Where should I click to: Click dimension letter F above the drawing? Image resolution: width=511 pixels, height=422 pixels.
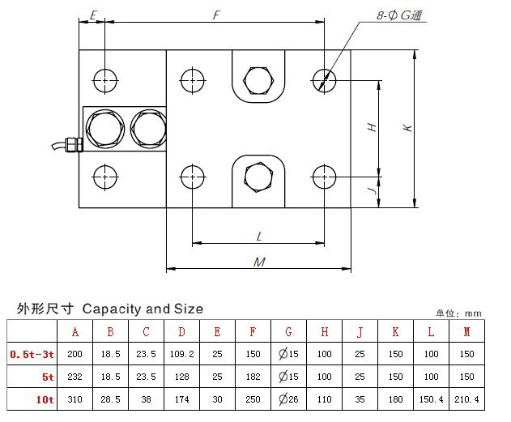[215, 15]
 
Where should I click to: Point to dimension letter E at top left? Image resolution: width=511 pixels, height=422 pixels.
[94, 15]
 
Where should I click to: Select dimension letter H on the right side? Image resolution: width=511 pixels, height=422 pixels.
[372, 127]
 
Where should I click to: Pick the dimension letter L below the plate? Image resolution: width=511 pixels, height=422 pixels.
[258, 237]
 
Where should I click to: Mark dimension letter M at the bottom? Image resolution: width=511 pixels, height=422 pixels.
[259, 261]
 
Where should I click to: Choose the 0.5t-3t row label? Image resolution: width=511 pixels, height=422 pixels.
[32, 354]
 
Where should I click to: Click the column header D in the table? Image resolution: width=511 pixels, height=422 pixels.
[182, 331]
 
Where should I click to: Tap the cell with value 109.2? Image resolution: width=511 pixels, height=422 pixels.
[182, 354]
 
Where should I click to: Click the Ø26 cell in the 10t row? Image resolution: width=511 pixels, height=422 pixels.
[288, 400]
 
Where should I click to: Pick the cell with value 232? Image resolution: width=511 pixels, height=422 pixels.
[75, 377]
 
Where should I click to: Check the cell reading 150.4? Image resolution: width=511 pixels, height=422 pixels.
[431, 400]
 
